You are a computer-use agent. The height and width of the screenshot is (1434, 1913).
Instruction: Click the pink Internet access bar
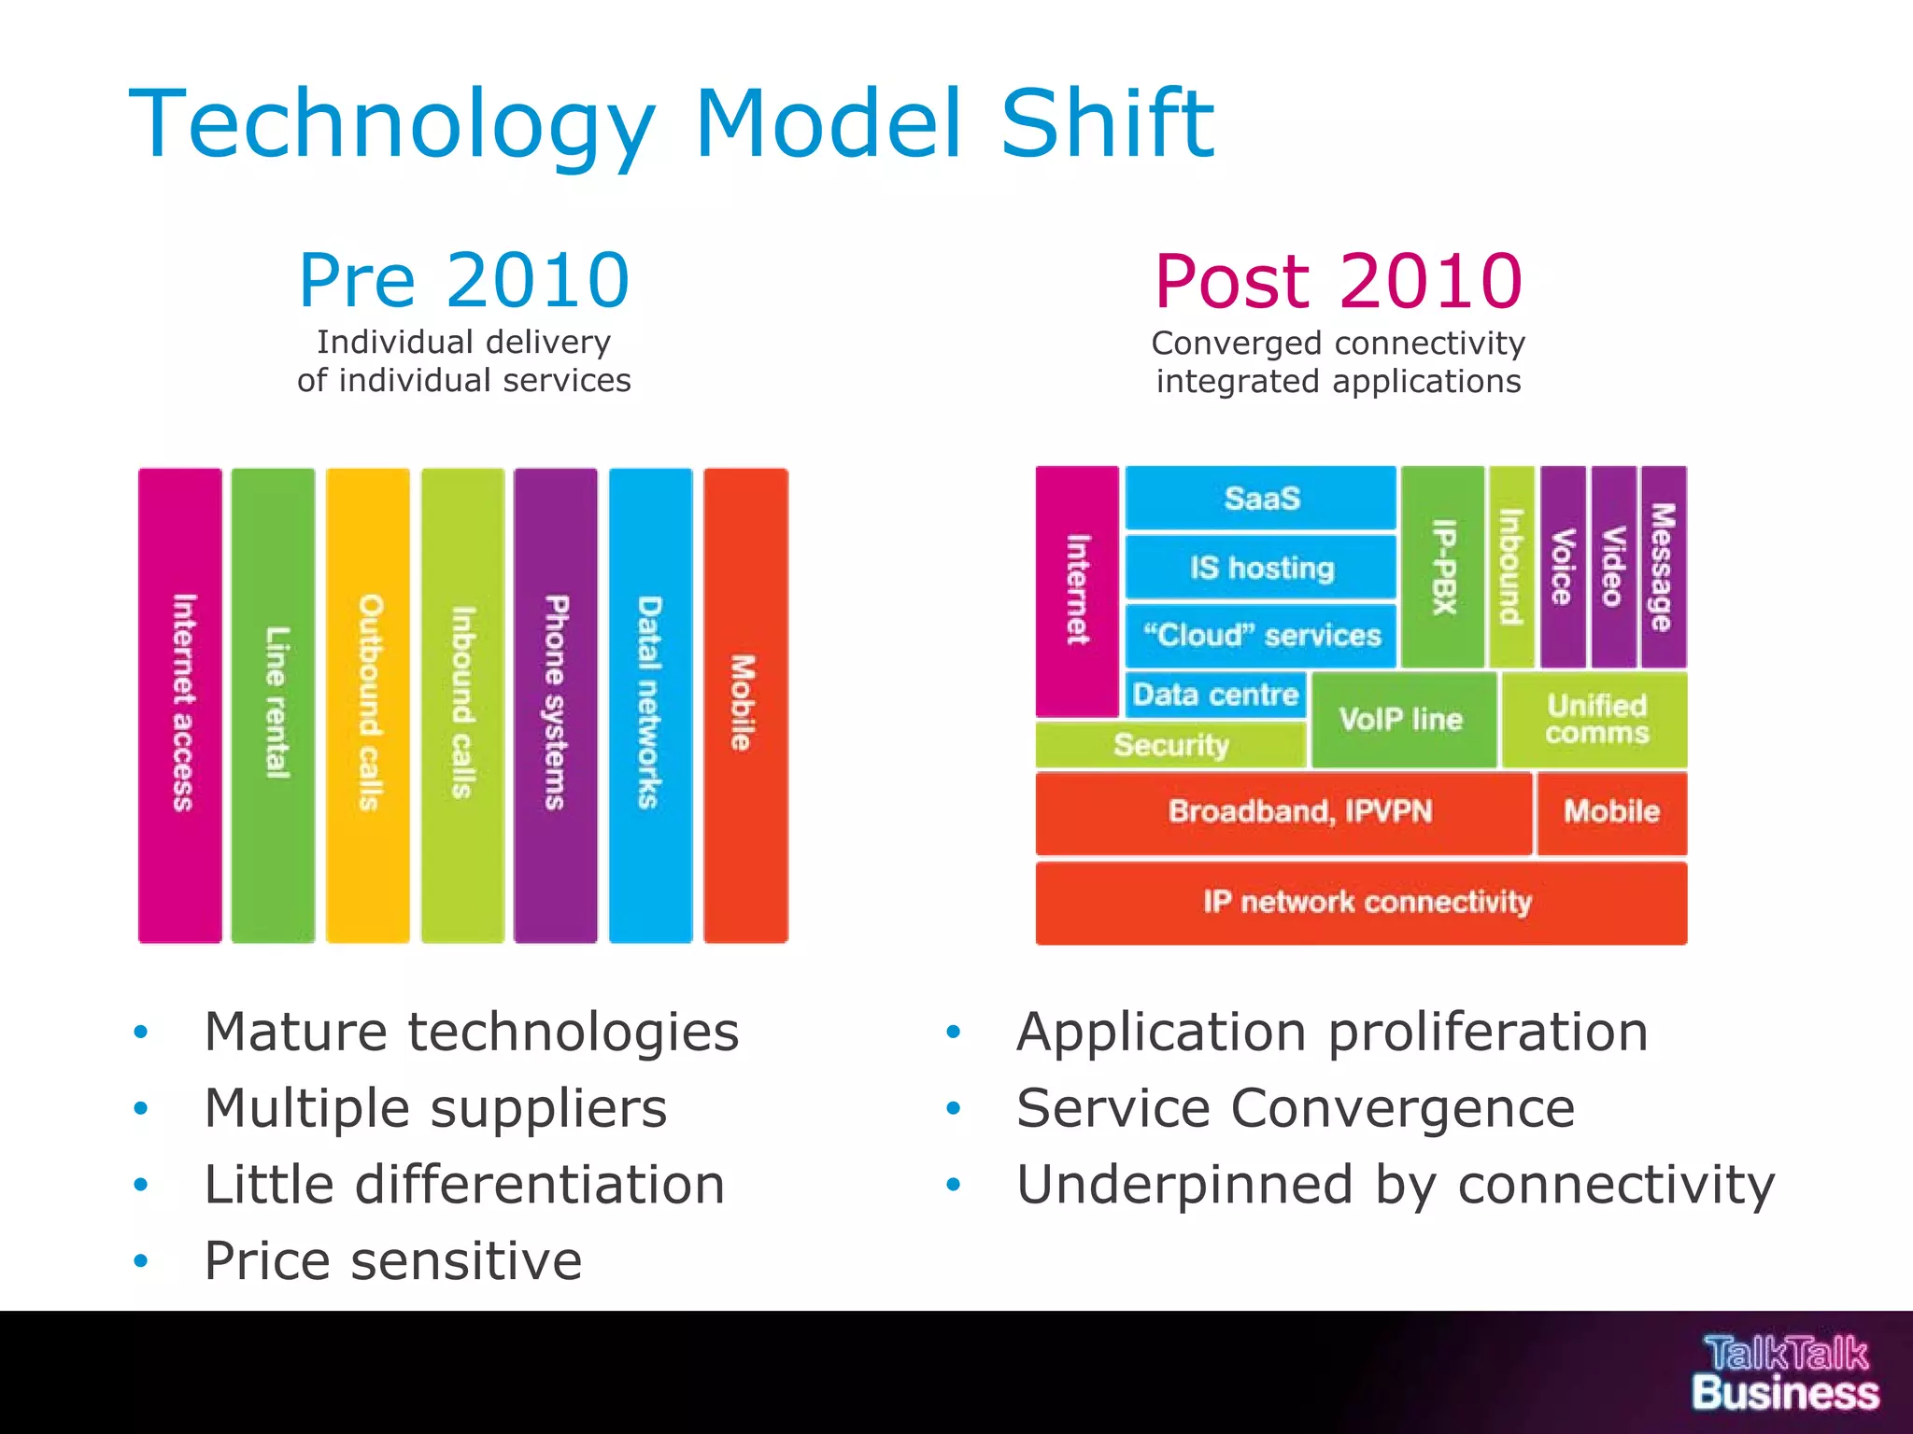[180, 705]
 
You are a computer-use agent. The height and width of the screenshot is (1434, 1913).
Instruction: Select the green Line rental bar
[273, 705]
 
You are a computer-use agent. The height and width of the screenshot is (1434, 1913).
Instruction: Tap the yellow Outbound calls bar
[368, 705]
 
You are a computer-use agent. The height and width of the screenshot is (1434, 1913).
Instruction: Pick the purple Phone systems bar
[556, 705]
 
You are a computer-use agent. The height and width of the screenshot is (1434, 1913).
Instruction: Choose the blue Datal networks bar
[651, 705]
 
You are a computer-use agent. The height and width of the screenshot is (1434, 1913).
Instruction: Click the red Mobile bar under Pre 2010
[745, 705]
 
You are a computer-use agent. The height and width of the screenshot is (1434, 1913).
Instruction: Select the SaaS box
[1260, 498]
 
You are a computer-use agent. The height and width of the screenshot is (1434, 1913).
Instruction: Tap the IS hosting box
[1260, 567]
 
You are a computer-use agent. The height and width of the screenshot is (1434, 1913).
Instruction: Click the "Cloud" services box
[1260, 636]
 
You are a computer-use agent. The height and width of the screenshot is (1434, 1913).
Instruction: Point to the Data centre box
[1215, 695]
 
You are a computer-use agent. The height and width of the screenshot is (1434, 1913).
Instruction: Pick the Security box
[1170, 745]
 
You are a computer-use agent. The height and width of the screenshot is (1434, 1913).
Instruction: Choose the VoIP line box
[1402, 719]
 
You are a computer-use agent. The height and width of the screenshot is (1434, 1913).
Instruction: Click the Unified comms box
[1594, 719]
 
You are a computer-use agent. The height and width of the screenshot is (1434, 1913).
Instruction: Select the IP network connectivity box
[1361, 902]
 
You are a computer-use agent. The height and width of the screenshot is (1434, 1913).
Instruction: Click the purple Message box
[1664, 567]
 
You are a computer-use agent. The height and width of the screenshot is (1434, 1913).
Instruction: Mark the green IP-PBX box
[1443, 567]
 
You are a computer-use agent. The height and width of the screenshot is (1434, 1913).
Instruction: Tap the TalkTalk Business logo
[1785, 1372]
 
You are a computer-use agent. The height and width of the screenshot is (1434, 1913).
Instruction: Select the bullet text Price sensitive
[393, 1260]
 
